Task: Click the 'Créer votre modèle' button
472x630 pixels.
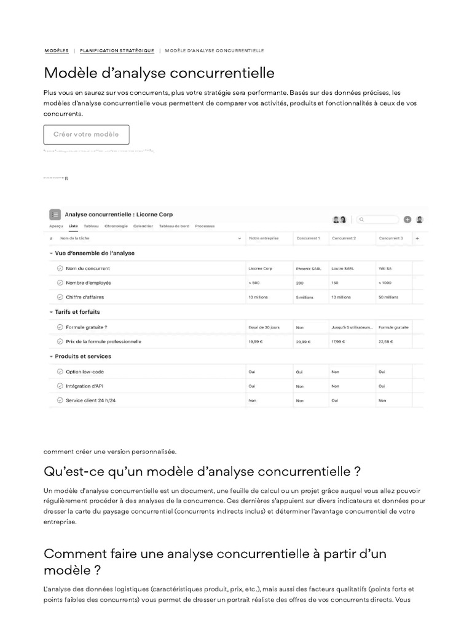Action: click(86, 134)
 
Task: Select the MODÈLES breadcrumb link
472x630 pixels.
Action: click(57, 50)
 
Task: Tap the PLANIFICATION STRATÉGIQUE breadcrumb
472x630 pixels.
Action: click(117, 50)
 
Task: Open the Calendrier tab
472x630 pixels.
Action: click(143, 226)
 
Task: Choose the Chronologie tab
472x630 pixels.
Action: click(116, 226)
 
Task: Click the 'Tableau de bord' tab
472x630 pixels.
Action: click(174, 226)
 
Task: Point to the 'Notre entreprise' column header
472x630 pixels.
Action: click(263, 238)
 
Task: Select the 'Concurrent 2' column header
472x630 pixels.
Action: click(344, 238)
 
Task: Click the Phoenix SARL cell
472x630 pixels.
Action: click(309, 268)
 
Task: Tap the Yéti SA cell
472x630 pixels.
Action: click(386, 268)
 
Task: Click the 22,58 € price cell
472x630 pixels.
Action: click(386, 341)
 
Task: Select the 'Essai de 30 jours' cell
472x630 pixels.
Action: click(264, 327)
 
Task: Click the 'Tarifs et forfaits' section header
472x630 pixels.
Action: click(77, 312)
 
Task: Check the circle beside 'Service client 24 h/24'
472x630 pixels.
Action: click(60, 401)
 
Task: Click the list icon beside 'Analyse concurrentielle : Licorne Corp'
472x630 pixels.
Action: click(55, 215)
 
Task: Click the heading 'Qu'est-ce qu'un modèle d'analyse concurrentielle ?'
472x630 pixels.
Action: click(202, 472)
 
